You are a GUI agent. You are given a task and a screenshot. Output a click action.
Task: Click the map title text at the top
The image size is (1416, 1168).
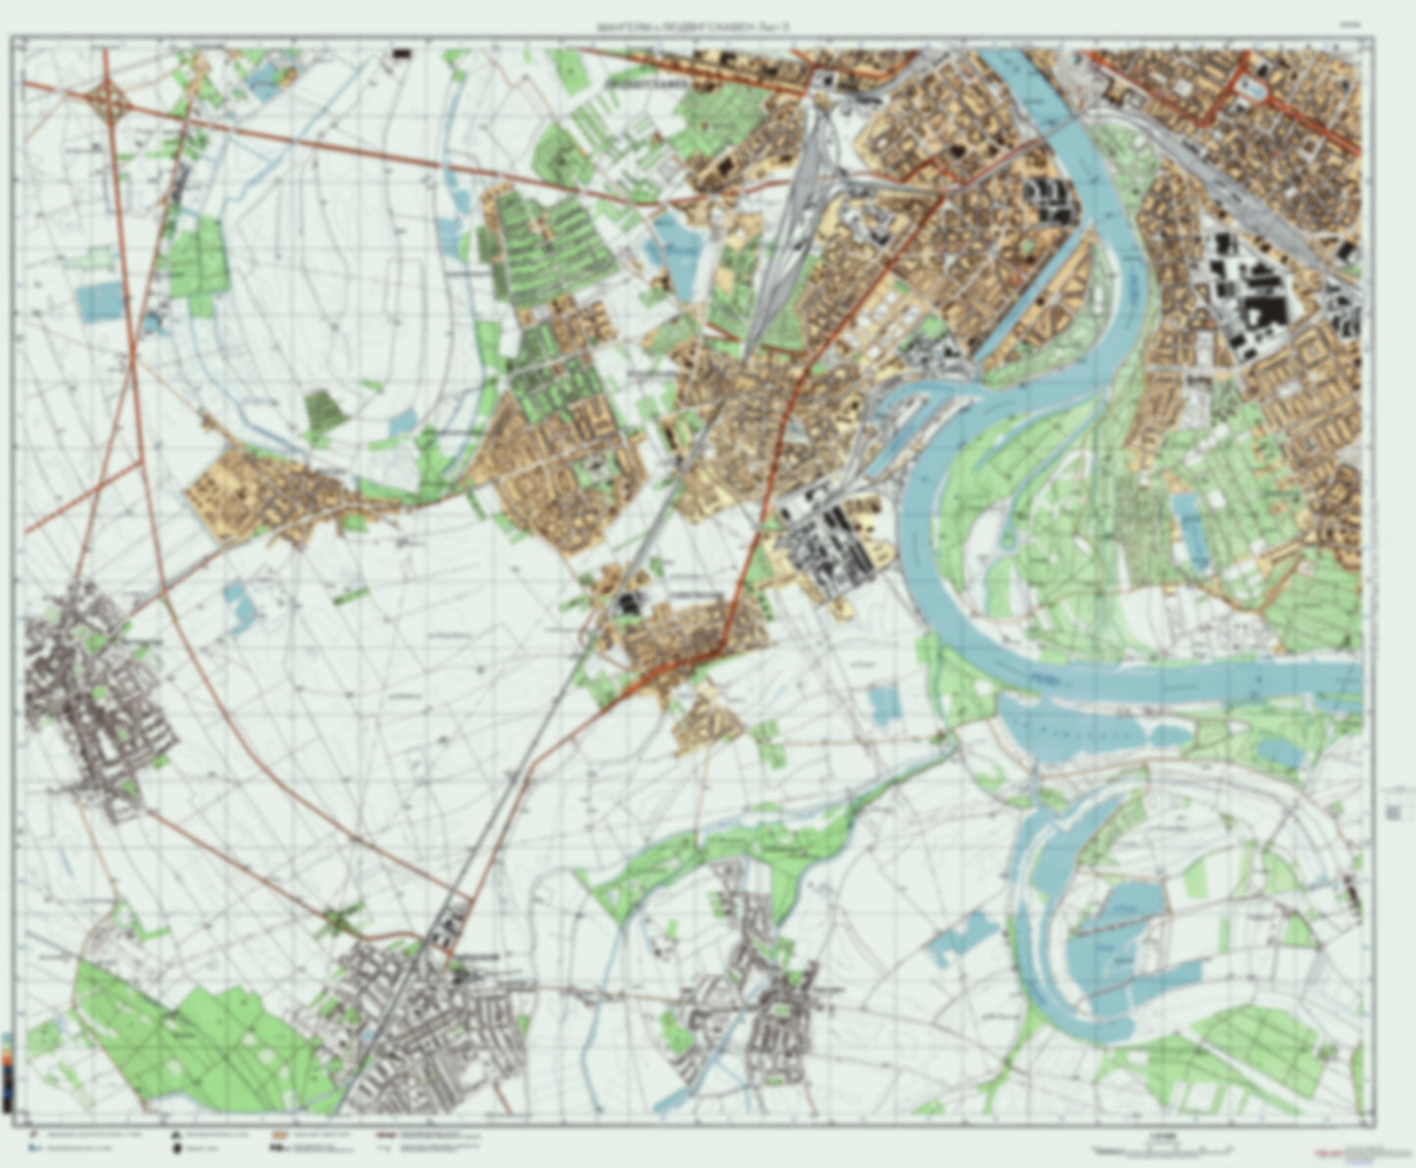coord(698,27)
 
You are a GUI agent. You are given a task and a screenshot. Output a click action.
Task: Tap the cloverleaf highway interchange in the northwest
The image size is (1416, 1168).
coord(109,99)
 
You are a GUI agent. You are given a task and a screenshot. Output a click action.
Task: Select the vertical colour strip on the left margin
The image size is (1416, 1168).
coord(8,1073)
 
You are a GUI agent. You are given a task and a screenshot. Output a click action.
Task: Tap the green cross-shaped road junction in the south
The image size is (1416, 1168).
coord(339,921)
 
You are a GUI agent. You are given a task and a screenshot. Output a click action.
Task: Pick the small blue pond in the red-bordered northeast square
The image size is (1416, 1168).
coord(1253,90)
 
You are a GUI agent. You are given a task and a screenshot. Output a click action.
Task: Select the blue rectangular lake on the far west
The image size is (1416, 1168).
coord(101,302)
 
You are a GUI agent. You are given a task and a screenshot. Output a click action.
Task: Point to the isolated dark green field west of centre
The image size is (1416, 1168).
coord(324,412)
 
